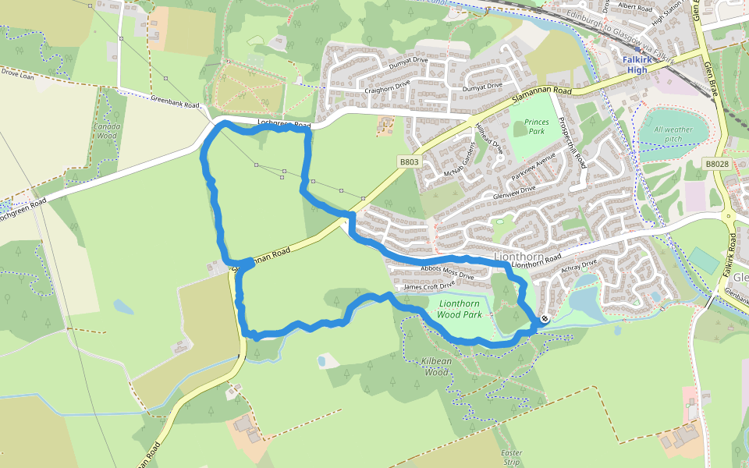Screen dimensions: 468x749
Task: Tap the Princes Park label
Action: point(536,127)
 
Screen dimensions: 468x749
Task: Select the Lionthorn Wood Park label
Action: point(459,310)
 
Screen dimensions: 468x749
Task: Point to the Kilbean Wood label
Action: point(436,368)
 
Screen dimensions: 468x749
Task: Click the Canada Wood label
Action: point(108,130)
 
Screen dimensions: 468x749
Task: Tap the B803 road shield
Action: point(409,162)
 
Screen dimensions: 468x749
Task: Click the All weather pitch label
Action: point(673,134)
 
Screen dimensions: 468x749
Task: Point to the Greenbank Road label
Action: point(175,103)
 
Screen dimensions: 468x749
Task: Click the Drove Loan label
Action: point(17,76)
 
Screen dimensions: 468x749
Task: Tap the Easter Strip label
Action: point(512,457)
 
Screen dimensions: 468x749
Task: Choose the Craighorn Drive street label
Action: point(388,88)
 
